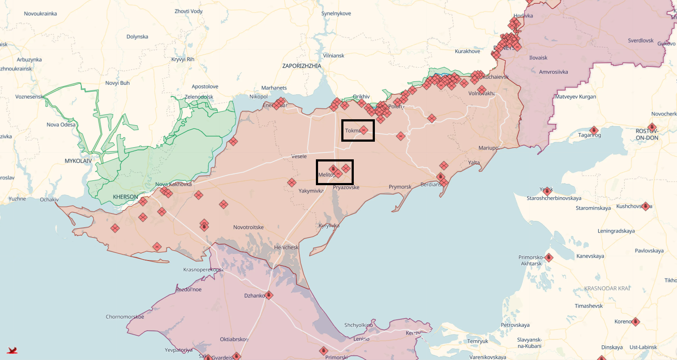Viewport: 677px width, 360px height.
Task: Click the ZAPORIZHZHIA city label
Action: pos(301,66)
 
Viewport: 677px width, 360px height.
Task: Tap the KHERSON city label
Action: pos(125,197)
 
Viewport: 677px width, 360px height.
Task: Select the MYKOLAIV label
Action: pos(78,161)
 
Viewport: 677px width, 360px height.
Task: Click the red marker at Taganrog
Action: pos(594,130)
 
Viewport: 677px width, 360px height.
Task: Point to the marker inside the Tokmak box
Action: pos(364,130)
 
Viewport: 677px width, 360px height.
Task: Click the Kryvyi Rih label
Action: pos(182,59)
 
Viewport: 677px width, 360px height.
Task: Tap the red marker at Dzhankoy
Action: pos(269,295)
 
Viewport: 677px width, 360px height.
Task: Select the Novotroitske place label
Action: pos(248,227)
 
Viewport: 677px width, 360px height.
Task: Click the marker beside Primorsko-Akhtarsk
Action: pos(549,258)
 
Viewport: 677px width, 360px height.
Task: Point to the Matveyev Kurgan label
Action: pos(575,97)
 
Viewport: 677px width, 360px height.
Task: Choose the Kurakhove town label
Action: pos(467,51)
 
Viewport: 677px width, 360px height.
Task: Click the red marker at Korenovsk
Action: pos(636,321)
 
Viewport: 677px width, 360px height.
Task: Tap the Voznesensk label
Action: pos(29,97)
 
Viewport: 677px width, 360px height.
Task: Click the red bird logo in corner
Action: pos(12,351)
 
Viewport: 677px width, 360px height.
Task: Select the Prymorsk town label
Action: pos(400,187)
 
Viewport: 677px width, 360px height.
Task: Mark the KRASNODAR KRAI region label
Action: pos(607,289)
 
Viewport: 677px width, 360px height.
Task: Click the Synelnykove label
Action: pos(336,14)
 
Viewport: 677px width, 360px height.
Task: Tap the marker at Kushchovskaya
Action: pos(646,206)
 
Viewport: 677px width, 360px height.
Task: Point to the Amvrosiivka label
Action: pos(553,72)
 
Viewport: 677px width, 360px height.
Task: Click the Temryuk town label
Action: pos(478,341)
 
